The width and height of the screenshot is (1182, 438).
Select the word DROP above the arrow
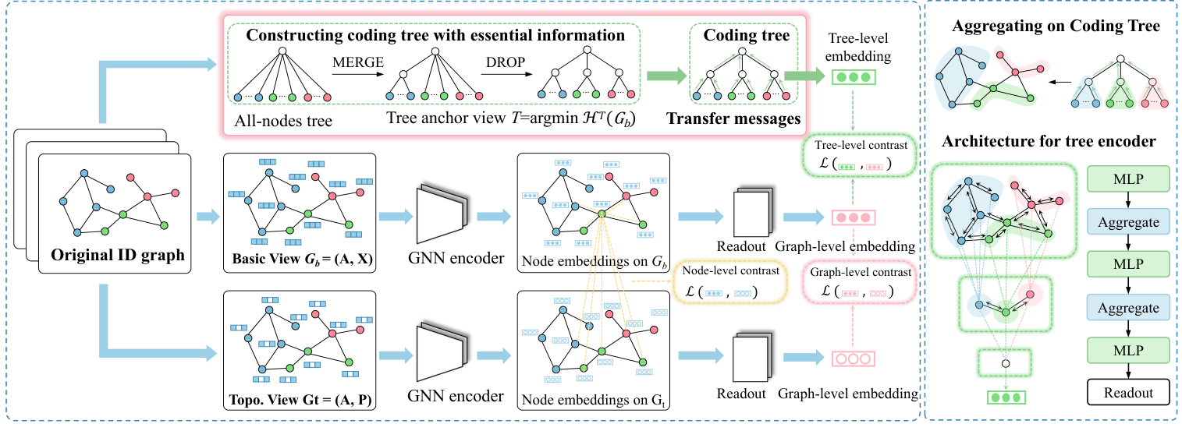(501, 62)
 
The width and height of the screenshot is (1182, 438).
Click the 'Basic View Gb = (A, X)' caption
(299, 260)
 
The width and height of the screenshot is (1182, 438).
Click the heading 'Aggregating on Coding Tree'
(1056, 26)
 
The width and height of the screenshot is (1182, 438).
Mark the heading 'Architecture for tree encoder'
(1049, 142)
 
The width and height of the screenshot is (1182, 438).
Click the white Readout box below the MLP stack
(1127, 392)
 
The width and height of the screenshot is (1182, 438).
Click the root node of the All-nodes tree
(284, 52)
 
